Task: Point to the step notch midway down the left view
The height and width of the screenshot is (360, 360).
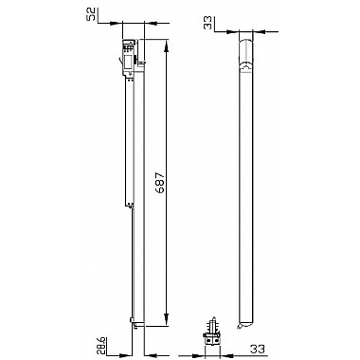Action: tap(126, 201)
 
